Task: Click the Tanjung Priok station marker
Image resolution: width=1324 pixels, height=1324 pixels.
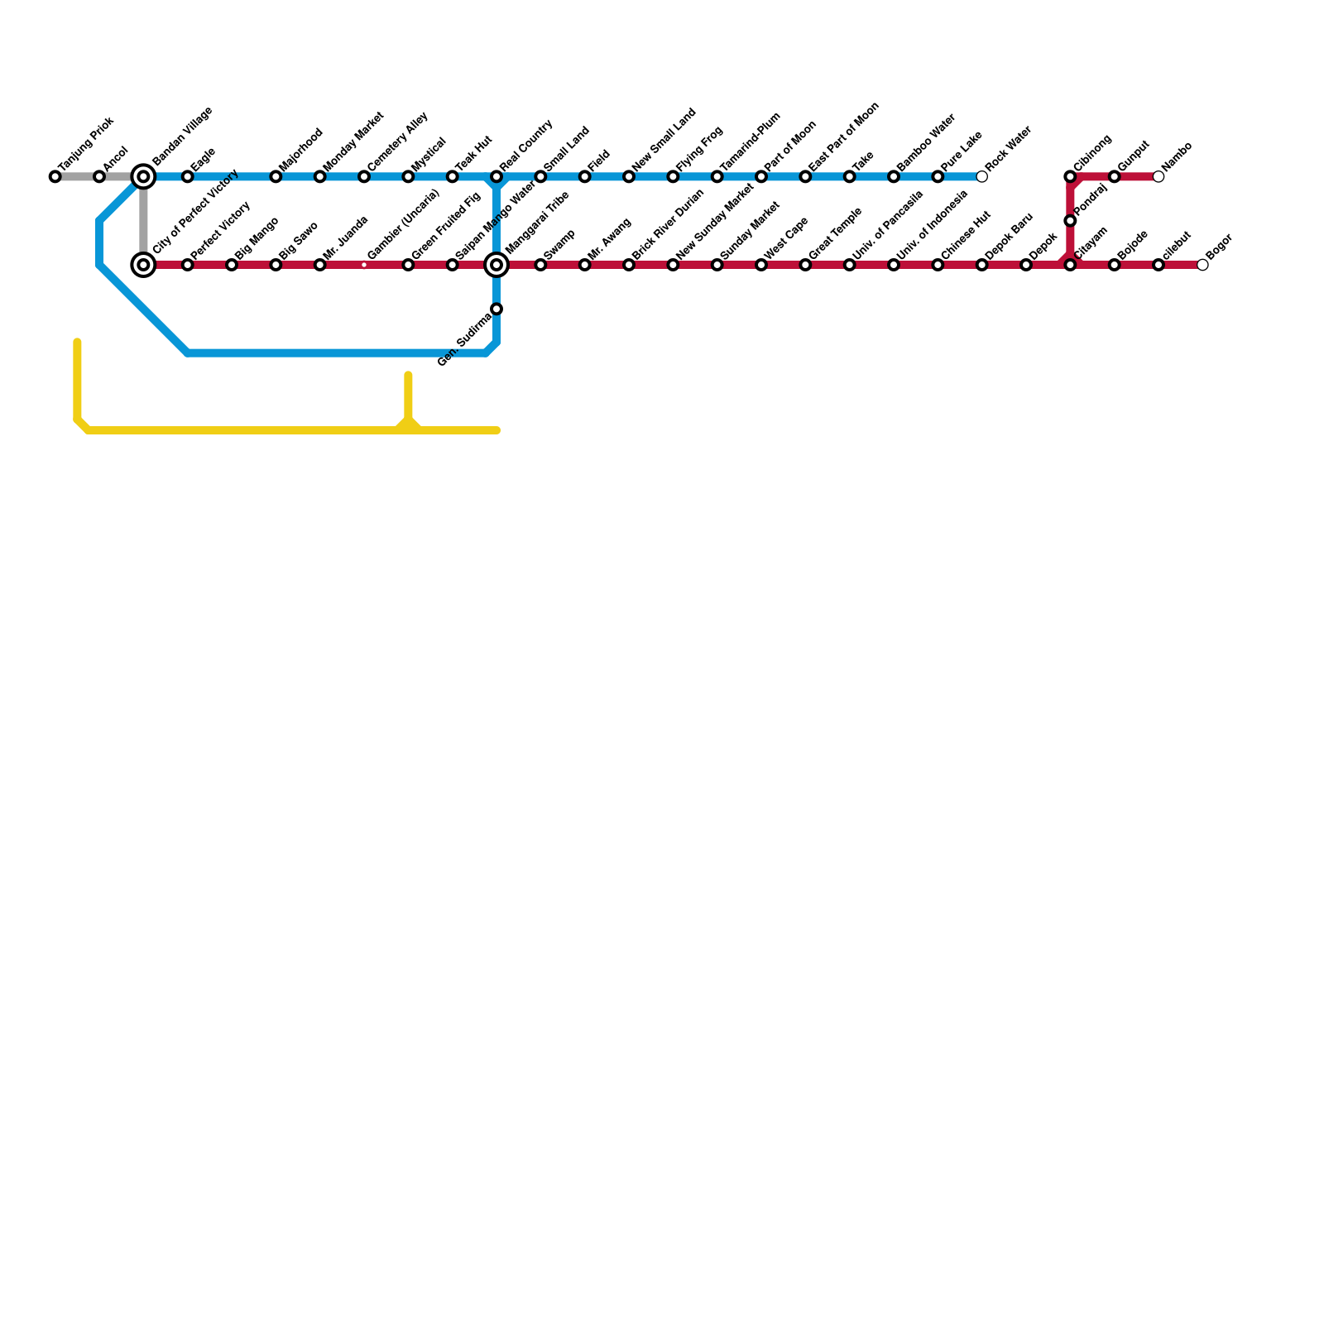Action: click(55, 177)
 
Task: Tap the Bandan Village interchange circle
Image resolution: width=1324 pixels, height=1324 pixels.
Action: click(144, 177)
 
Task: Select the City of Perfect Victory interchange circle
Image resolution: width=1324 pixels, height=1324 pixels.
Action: click(144, 265)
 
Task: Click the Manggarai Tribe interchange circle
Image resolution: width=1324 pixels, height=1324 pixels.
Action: click(496, 265)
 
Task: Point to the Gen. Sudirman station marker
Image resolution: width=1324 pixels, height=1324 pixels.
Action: click(496, 309)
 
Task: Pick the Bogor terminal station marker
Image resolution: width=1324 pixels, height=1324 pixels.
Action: click(1202, 265)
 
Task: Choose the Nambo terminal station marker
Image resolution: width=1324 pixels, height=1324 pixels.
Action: click(1158, 177)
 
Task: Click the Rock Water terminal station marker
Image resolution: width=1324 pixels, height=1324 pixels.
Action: click(981, 177)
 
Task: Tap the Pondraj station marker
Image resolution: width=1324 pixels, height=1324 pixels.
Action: click(1070, 221)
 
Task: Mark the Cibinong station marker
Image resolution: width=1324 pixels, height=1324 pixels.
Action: click(1070, 177)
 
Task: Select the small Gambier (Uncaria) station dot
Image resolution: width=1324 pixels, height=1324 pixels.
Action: click(364, 265)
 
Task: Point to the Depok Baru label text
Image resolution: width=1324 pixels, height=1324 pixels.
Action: click(1010, 235)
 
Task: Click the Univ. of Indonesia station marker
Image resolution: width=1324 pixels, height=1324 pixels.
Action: click(894, 265)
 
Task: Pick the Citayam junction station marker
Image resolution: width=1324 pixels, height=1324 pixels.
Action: click(1070, 265)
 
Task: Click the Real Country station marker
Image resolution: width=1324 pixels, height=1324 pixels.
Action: click(496, 177)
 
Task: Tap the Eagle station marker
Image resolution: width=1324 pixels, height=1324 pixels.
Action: click(188, 177)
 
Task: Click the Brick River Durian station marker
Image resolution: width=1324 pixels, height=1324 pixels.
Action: click(629, 265)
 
